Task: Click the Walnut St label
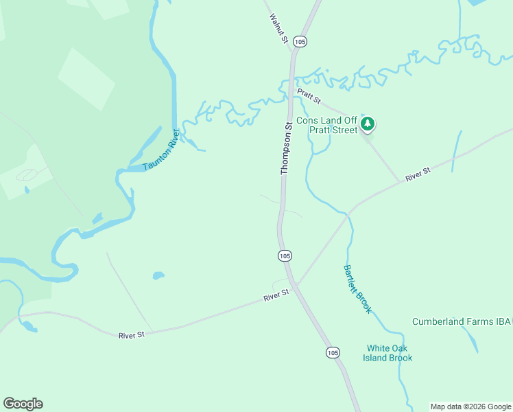[x=278, y=28]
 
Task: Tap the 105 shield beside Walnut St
[x=300, y=42]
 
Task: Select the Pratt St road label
[x=308, y=95]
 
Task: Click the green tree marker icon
[x=368, y=124]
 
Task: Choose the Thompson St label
[x=287, y=148]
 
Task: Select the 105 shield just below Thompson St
[x=285, y=255]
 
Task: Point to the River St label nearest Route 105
[x=276, y=295]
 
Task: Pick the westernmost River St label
[x=132, y=334]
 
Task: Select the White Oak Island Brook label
[x=390, y=353]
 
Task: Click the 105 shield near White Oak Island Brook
[x=333, y=352]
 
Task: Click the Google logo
[x=23, y=404]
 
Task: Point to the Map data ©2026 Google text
[x=471, y=407]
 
